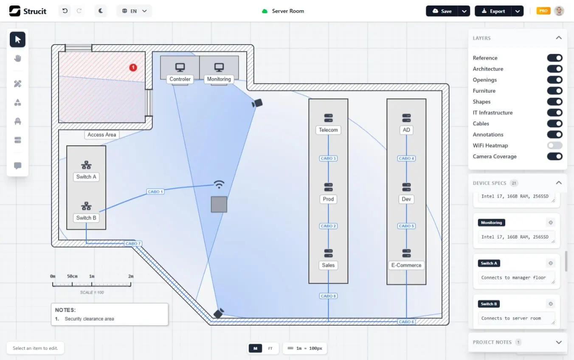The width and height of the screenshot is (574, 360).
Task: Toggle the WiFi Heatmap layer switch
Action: [x=554, y=146]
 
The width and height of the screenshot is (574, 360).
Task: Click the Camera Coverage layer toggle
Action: [x=554, y=157]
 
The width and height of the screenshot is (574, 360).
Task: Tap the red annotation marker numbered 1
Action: [x=133, y=67]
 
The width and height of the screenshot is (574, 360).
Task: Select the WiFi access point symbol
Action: [x=219, y=184]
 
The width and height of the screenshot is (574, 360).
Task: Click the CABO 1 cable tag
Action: [x=155, y=191]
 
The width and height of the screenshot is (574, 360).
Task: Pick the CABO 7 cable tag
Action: [x=133, y=243]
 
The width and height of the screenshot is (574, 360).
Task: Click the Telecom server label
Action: [x=328, y=130]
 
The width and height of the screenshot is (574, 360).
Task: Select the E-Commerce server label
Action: [x=406, y=265]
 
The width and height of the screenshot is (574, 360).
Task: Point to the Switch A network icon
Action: [x=86, y=165]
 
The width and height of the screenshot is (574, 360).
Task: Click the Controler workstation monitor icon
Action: [x=180, y=67]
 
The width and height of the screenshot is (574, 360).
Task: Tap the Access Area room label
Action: [x=102, y=135]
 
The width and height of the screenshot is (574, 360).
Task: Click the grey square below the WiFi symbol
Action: [x=219, y=205]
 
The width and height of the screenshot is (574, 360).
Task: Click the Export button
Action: [x=493, y=11]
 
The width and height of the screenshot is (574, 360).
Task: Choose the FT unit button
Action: [x=270, y=349]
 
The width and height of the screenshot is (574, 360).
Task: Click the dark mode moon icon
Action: [x=101, y=11]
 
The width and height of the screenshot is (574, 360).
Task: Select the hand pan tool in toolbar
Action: [x=17, y=59]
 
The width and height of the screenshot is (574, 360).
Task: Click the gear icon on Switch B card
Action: [x=550, y=304]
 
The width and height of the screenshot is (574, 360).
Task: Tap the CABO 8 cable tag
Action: [x=328, y=296]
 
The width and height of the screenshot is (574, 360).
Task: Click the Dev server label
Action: [x=406, y=199]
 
